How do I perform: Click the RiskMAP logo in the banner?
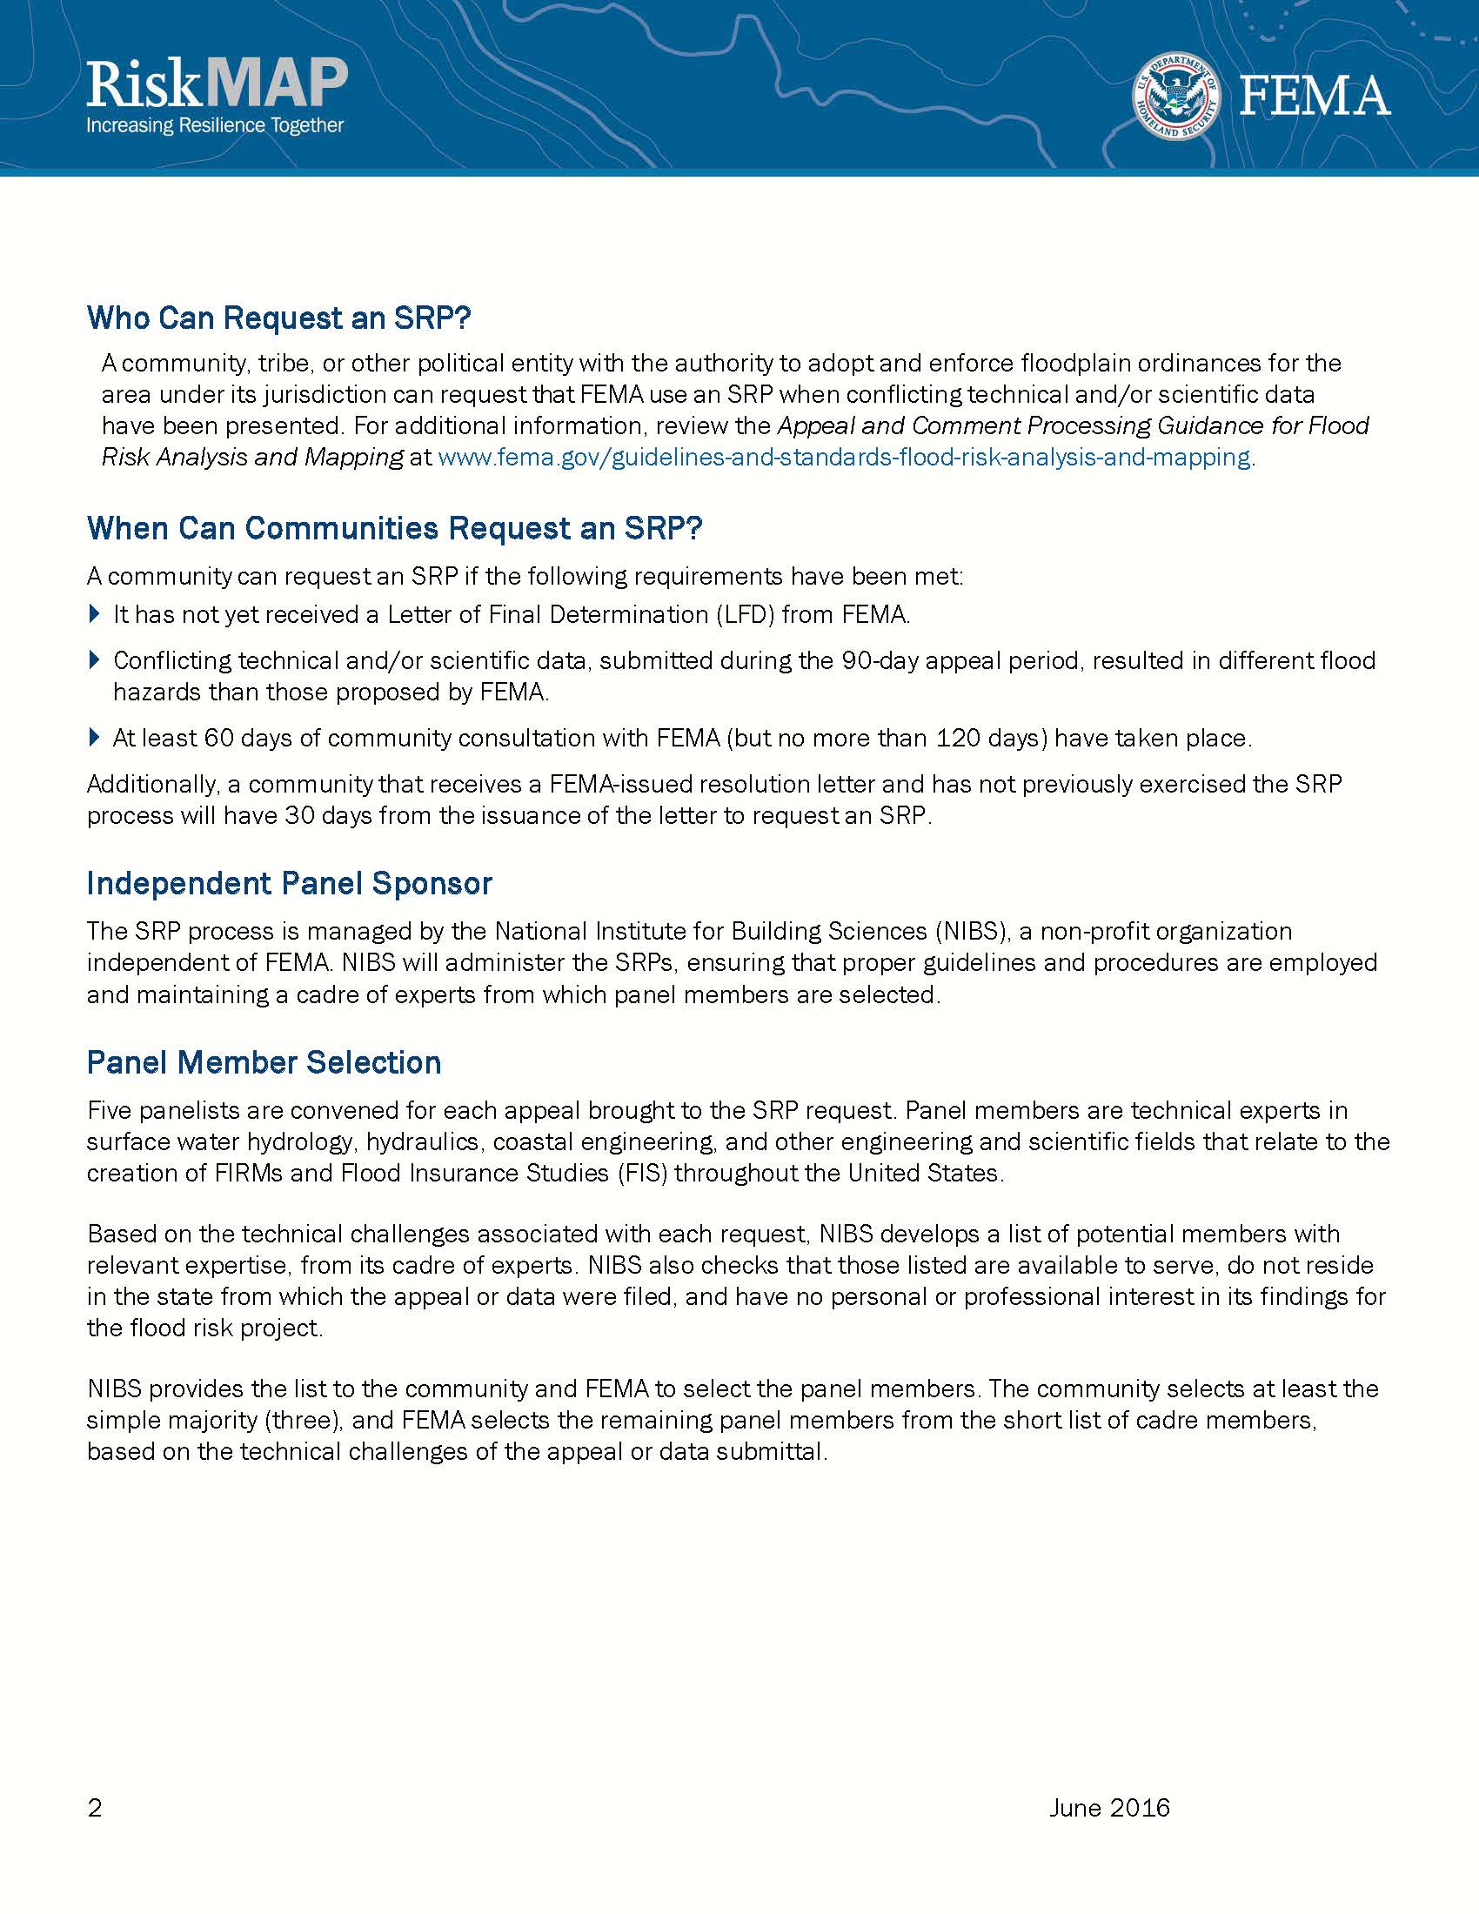tap(217, 85)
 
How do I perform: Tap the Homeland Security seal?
tap(1177, 97)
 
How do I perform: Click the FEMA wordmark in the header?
tap(1315, 97)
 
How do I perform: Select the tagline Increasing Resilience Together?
tap(215, 125)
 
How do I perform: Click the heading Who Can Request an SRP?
tap(278, 318)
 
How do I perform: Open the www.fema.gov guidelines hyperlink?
tap(843, 458)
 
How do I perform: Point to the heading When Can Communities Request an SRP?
tap(395, 528)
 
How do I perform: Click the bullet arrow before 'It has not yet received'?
tap(96, 613)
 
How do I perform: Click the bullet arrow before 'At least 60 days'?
tap(96, 737)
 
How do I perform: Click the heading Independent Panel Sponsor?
tap(289, 883)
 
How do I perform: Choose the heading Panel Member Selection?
tap(264, 1062)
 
